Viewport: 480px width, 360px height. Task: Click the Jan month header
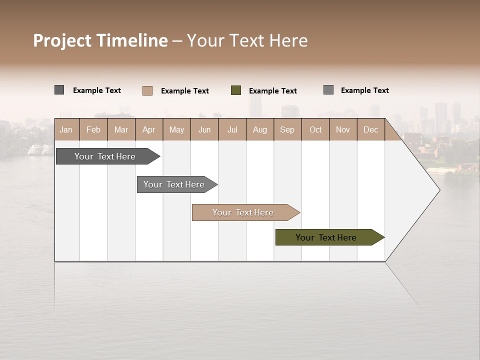pos(66,129)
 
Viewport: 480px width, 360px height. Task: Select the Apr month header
pos(148,129)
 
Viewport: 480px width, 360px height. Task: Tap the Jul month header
pos(232,129)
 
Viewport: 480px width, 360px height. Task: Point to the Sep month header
pos(287,129)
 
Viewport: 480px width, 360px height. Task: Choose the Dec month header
pos(370,129)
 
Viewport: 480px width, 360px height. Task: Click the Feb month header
pos(93,129)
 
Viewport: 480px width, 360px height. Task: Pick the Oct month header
pos(315,129)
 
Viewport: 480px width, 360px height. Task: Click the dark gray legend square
pos(59,90)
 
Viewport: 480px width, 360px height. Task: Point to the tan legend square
pos(147,90)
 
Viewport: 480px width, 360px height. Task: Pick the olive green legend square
pos(236,90)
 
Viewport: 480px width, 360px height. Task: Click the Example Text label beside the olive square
pos(273,91)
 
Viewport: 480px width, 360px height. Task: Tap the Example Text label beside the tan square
pos(185,91)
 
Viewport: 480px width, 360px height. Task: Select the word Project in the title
pos(62,40)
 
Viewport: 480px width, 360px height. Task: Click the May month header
pos(176,129)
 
